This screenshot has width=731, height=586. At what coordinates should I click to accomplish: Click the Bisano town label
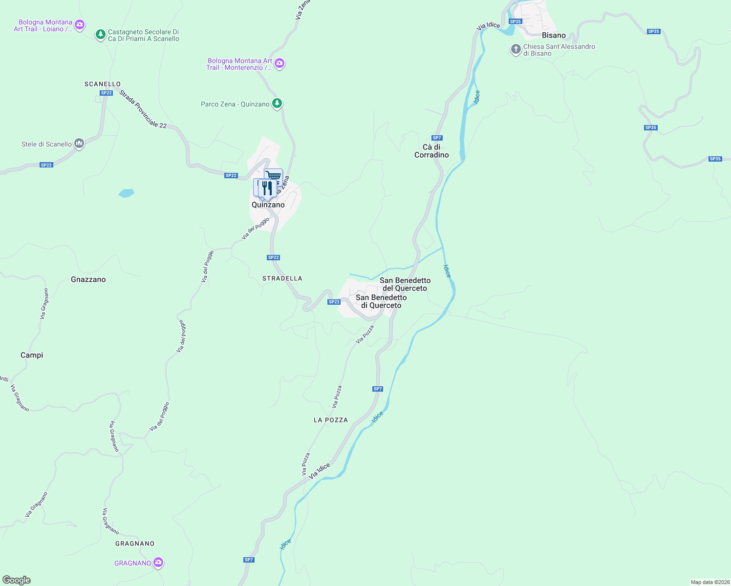coord(554,35)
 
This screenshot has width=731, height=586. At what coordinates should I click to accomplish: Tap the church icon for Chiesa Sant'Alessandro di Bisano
coord(516,49)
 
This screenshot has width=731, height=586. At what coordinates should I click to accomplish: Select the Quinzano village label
coord(268,205)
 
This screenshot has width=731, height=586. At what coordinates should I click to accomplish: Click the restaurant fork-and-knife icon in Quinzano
coord(267,188)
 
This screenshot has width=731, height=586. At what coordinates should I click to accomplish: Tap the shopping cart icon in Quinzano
coord(274,176)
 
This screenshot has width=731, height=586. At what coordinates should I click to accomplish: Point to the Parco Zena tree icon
coord(277,104)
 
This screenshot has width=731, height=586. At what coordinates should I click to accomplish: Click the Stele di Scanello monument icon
coord(79,144)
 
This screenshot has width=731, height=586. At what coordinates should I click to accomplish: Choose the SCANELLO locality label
coord(103,84)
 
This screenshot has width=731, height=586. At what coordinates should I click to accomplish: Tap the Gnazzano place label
coord(88,279)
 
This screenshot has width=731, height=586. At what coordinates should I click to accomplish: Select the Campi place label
coord(32,355)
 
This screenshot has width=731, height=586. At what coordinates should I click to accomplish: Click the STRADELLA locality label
coord(282,278)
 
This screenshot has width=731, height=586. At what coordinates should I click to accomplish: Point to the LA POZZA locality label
coord(331,420)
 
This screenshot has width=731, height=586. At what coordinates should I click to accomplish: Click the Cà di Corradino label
coord(431,151)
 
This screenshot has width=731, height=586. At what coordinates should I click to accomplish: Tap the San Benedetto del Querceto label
coord(405,284)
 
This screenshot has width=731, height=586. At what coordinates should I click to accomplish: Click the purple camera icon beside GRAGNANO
coord(158,563)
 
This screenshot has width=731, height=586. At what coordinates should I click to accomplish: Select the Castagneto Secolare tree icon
coord(100,35)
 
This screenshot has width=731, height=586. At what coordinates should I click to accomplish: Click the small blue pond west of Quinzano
coord(126,193)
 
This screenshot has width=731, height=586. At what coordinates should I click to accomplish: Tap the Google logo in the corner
coord(17,580)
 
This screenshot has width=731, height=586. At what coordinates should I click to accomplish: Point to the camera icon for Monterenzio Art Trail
coord(279,63)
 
